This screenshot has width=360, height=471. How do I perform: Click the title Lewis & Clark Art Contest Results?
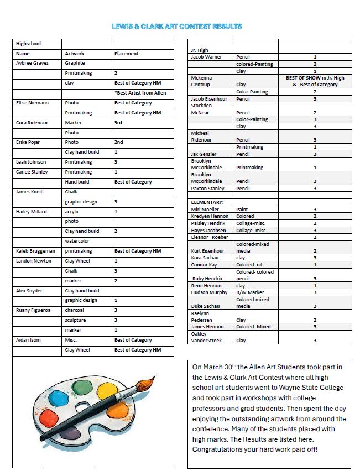pos(176,26)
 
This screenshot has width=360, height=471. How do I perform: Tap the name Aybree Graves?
pos(33,63)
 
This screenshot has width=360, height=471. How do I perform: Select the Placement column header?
pos(126,54)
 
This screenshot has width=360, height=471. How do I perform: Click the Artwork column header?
pos(75,54)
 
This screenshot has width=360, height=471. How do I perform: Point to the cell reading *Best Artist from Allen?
pos(140,93)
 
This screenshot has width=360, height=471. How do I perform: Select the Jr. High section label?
pos(199,50)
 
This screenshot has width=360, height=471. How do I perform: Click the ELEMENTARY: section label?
pos(207,202)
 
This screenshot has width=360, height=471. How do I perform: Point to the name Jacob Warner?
pos(206,57)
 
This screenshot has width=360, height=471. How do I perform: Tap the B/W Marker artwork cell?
pos(250,292)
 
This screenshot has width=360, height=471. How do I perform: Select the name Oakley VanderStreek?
pos(206,337)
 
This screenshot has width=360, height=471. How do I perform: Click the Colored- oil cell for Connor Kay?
pos(249,265)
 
